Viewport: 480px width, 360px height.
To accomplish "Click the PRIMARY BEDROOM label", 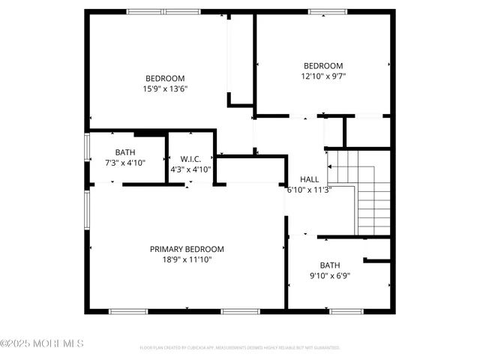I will click(187, 249).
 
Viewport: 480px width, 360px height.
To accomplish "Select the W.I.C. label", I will click(191, 159).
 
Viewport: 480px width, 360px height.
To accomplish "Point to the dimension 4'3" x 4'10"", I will click(191, 169).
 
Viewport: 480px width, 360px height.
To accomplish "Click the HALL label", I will click(308, 179).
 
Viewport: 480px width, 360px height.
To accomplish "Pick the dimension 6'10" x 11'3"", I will click(308, 190).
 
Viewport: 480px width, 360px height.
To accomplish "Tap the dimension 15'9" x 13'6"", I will click(165, 88).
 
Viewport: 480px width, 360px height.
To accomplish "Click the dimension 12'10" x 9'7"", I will click(322, 76).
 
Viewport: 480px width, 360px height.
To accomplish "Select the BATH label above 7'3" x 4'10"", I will click(124, 152).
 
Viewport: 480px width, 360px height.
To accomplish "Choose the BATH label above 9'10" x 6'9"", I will click(330, 265).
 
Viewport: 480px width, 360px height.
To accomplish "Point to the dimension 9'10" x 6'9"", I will click(330, 275).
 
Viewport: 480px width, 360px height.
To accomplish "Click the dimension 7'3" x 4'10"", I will click(124, 163).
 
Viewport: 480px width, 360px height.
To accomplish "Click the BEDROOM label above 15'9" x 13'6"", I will click(165, 78).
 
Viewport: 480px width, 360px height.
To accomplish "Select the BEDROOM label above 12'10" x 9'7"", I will click(322, 65).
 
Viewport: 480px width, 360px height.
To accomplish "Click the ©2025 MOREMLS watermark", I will click(42, 343).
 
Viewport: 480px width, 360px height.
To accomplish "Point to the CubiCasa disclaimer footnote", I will click(240, 348).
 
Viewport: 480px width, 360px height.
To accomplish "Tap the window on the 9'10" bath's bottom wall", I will click(346, 310).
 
